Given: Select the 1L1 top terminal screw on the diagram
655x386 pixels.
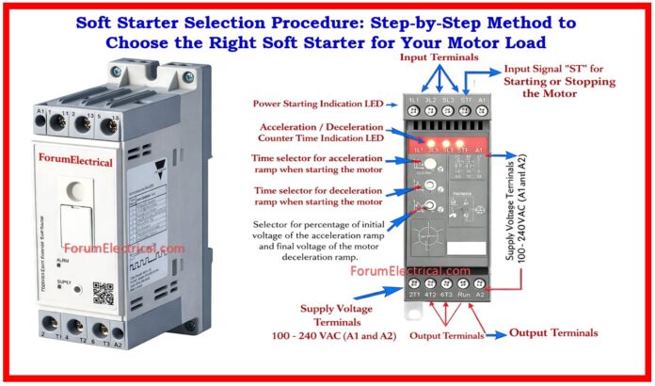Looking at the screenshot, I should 414,98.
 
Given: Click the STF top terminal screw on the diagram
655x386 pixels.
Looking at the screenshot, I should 465,98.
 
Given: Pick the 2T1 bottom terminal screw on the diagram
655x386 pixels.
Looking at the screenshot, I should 414,281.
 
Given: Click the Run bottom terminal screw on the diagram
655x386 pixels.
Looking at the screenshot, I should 465,281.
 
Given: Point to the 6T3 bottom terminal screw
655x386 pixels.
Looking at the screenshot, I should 449,281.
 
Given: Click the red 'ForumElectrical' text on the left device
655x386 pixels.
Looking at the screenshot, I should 75,161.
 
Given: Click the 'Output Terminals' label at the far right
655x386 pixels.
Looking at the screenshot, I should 553,332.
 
